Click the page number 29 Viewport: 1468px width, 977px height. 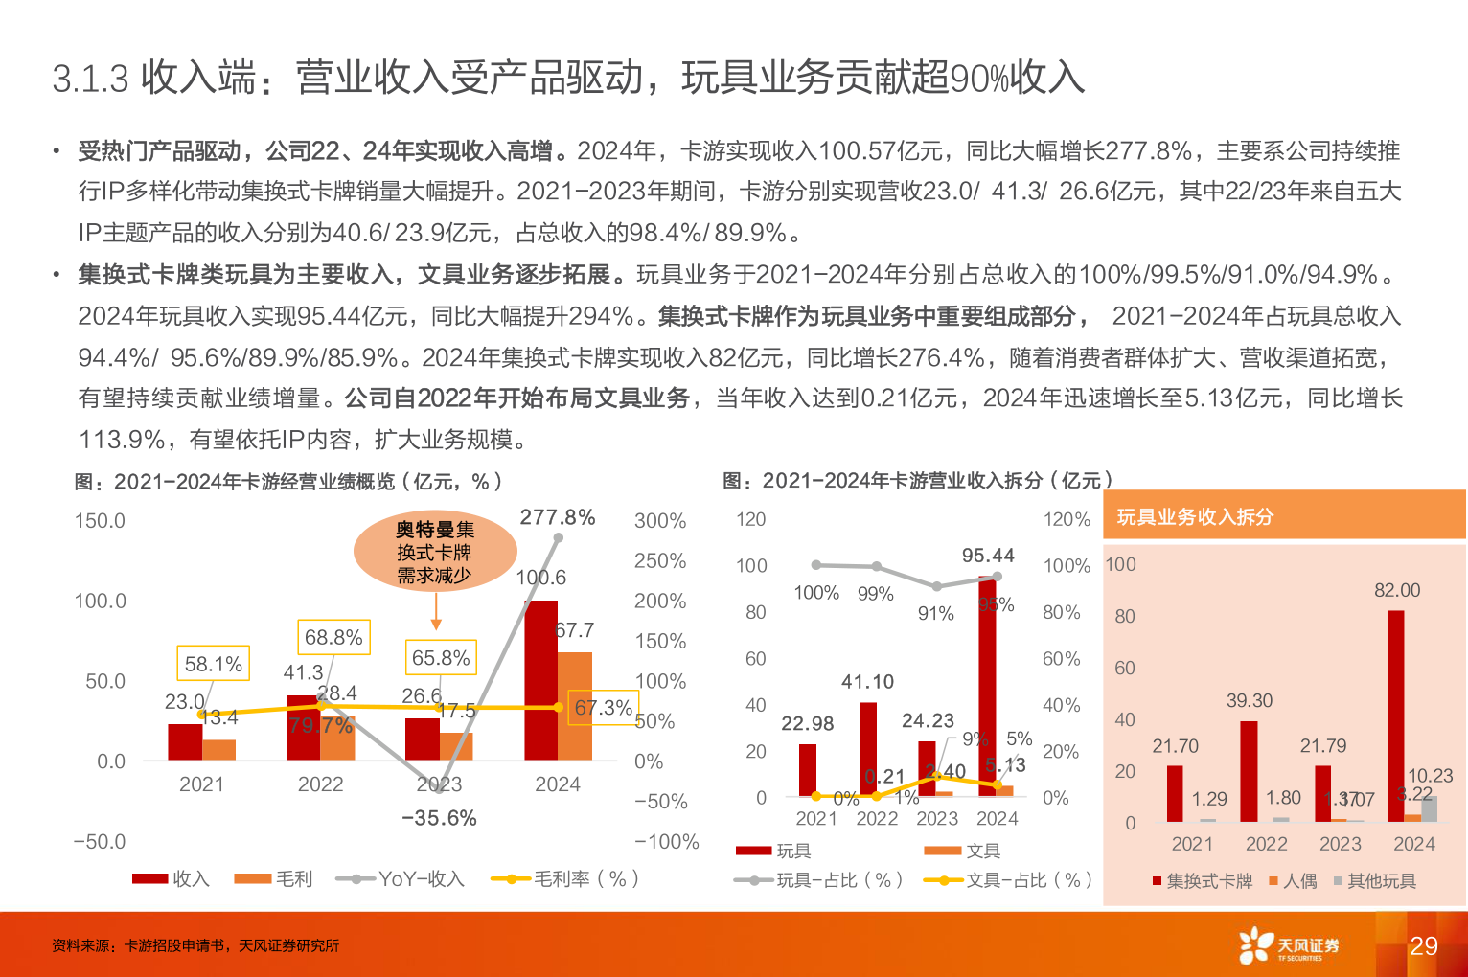pyautogui.click(x=1424, y=946)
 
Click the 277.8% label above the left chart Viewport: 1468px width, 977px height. pyautogui.click(x=558, y=517)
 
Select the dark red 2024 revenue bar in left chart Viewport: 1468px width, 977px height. pyautogui.click(x=541, y=680)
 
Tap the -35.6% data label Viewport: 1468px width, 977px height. pyautogui.click(x=439, y=818)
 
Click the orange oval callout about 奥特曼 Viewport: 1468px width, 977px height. pyautogui.click(x=435, y=553)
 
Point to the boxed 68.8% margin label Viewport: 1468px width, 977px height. pyautogui.click(x=333, y=637)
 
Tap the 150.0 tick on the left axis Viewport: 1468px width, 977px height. pyautogui.click(x=100, y=520)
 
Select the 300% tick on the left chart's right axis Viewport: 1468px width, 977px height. pyautogui.click(x=660, y=520)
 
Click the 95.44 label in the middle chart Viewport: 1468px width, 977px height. pyautogui.click(x=988, y=556)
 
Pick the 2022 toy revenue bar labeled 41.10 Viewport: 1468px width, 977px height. pyautogui.click(x=868, y=749)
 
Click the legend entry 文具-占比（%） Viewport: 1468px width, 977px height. pyautogui.click(x=1008, y=879)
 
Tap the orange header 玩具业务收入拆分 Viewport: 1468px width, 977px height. pyautogui.click(x=1195, y=517)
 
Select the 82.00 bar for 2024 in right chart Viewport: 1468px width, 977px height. pyautogui.click(x=1396, y=716)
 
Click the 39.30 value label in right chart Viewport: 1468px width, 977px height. pyautogui.click(x=1250, y=700)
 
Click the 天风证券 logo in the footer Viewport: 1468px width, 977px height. pyautogui.click(x=1290, y=945)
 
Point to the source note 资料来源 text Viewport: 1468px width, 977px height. pyautogui.click(x=195, y=945)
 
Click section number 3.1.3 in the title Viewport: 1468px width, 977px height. pyautogui.click(x=90, y=79)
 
